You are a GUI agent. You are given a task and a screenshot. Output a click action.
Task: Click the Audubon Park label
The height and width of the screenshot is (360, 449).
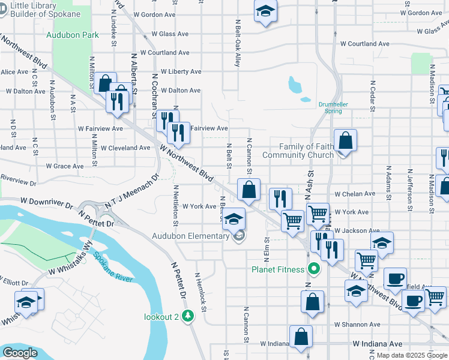coord(73,35)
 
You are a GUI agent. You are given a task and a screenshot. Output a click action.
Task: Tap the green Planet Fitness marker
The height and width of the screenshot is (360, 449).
coord(313,269)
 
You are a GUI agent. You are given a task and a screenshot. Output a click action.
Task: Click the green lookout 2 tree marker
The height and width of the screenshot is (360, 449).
coord(188,315)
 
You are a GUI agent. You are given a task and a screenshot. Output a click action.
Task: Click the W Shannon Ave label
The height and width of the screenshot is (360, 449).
coord(358,325)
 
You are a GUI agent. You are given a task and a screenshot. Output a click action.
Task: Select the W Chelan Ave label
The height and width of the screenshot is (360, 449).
coord(355,194)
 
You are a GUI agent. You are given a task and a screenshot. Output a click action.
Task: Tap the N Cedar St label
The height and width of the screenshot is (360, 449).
coord(373,96)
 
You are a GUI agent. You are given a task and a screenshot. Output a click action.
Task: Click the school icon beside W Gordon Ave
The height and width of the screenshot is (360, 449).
coord(265,12)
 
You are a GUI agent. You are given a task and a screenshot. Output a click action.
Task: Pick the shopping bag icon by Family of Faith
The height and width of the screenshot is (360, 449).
coord(345,142)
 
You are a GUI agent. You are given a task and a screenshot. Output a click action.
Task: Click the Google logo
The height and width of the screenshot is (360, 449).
coord(20,353)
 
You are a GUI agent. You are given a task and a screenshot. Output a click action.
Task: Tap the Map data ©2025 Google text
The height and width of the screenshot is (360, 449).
coord(412,355)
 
